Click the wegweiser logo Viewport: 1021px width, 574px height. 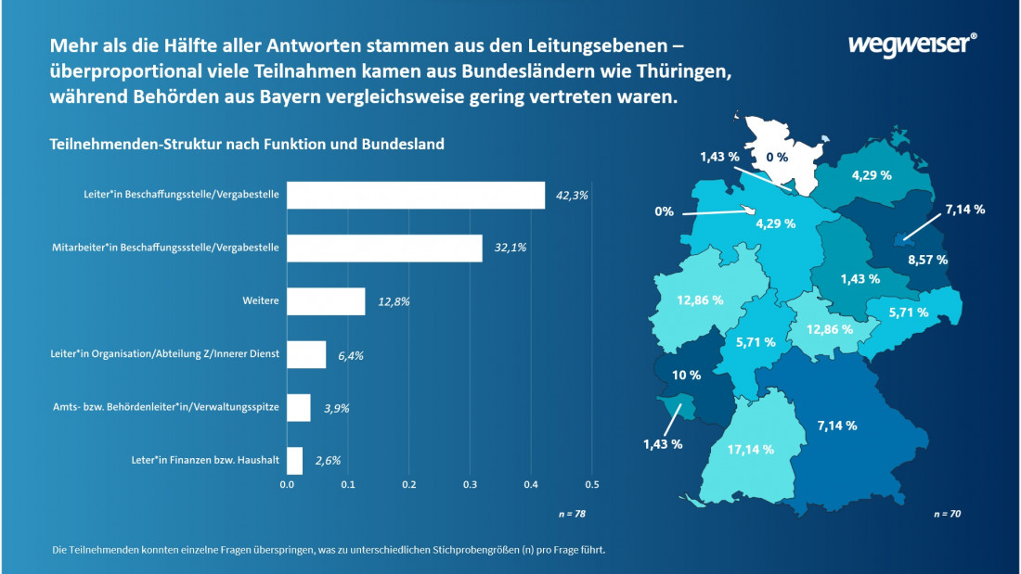tap(912, 44)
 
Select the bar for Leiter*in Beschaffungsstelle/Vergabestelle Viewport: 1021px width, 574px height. tap(416, 196)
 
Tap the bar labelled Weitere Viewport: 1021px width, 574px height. tap(326, 301)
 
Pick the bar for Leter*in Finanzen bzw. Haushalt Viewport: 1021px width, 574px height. tap(295, 461)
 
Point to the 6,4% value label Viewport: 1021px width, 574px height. tap(349, 355)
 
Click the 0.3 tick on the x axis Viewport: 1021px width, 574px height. tap(471, 484)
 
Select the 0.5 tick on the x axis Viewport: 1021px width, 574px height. tap(592, 484)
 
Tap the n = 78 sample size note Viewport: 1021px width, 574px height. tap(570, 513)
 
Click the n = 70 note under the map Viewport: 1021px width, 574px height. tap(947, 513)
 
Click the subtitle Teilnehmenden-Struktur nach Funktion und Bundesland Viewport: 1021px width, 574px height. tap(246, 145)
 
